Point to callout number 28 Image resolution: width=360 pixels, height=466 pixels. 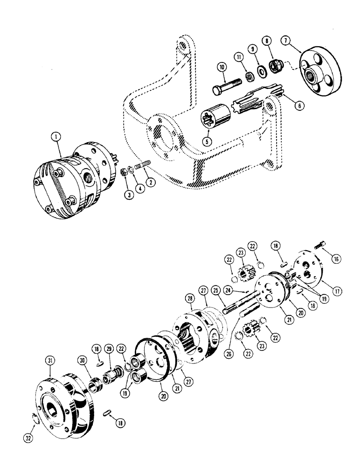(x=189, y=297)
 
